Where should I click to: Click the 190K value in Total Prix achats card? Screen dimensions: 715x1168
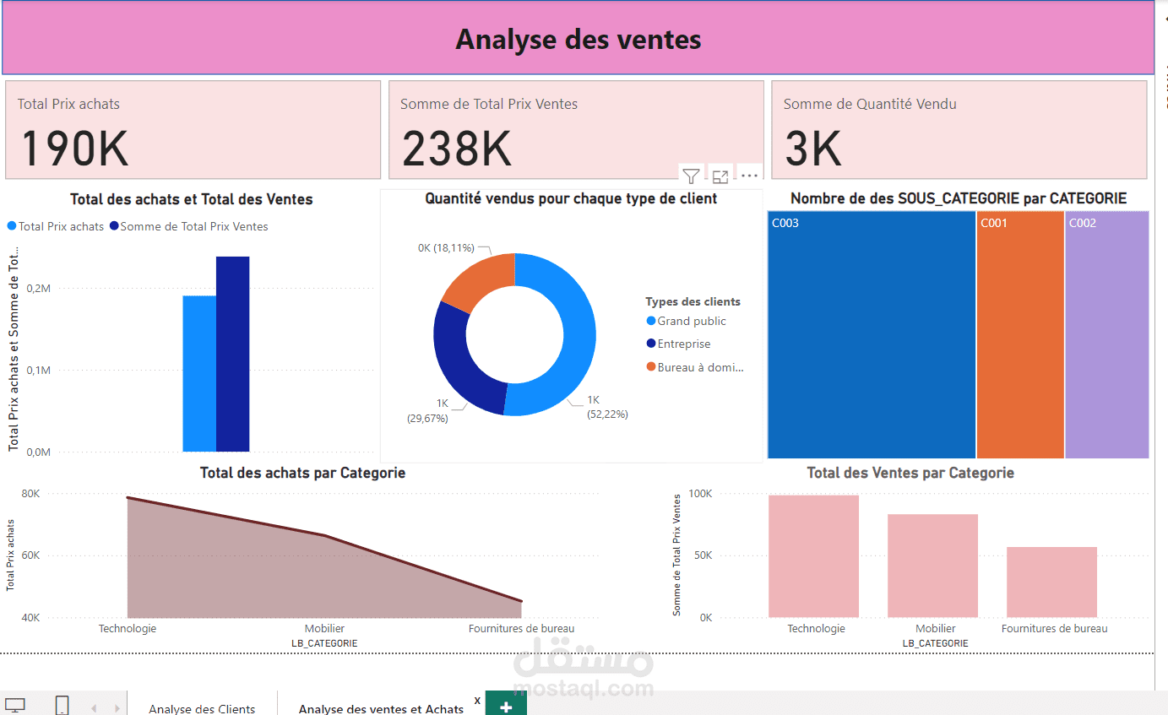tap(74, 148)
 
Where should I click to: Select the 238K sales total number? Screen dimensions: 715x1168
tap(457, 148)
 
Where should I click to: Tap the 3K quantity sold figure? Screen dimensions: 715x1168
tap(813, 148)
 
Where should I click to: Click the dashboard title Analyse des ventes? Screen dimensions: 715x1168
tap(578, 39)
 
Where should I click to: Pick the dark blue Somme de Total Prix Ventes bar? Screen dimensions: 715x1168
tap(232, 355)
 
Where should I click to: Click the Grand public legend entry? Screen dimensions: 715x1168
tap(691, 321)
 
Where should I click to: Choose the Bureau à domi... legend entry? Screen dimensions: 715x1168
tap(699, 367)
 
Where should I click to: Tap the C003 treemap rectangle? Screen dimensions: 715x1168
tap(871, 338)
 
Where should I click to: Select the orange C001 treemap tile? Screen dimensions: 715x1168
tap(1019, 338)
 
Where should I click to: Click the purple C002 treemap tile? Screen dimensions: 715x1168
tap(1106, 338)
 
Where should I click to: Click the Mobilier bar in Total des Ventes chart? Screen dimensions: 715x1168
tap(932, 566)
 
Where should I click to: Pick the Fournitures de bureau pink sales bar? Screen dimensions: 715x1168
tap(1051, 582)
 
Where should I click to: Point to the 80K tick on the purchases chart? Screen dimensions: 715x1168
tap(30, 494)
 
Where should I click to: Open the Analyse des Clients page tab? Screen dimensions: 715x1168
tap(202, 708)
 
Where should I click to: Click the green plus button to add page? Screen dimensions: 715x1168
tap(506, 706)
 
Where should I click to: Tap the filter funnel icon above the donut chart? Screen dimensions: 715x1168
tap(691, 176)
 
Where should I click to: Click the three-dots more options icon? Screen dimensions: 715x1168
tap(749, 176)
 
